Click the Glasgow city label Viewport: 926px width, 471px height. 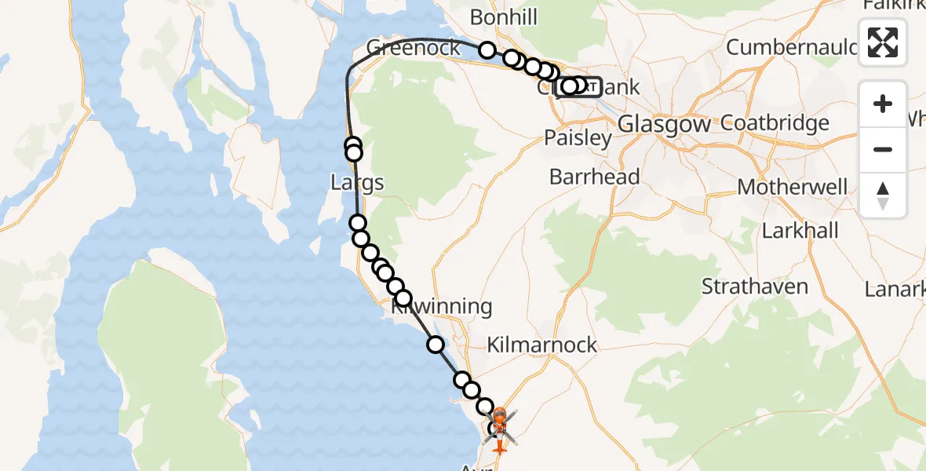[664, 124]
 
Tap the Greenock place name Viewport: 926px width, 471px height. [414, 47]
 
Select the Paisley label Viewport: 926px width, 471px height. [578, 139]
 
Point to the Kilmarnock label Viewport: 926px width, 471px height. [541, 345]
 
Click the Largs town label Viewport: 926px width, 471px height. [357, 183]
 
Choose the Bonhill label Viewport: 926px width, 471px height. [504, 16]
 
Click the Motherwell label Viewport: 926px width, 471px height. [793, 188]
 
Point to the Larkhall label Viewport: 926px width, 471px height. [800, 231]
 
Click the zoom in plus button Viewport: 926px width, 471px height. [883, 104]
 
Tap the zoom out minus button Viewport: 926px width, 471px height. [883, 149]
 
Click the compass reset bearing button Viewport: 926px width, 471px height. [883, 195]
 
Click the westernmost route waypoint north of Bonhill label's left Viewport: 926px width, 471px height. [487, 51]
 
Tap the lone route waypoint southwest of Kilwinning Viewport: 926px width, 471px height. [435, 344]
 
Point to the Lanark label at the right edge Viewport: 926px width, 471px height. [895, 290]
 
